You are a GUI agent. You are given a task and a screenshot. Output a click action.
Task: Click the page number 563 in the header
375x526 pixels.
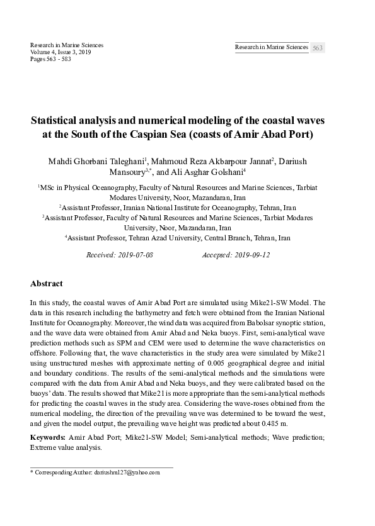[x=318, y=48]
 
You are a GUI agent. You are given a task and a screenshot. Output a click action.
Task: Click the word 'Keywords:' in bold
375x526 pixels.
[x=49, y=437]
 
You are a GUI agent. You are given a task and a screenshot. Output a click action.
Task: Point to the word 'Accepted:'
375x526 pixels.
[x=217, y=255]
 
